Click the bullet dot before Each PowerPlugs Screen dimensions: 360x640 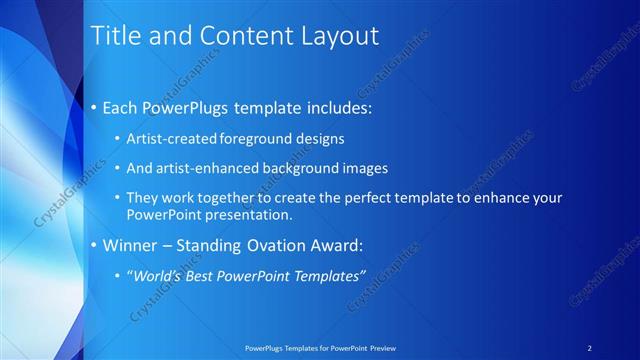pos(95,106)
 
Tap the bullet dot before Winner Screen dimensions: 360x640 pos(95,245)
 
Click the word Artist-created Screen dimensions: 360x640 pos(166,138)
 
